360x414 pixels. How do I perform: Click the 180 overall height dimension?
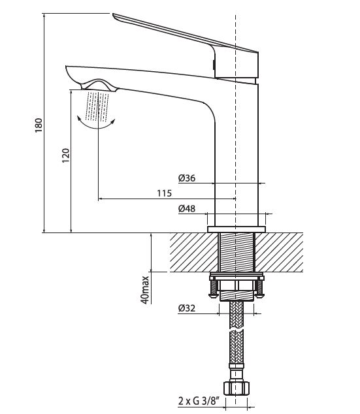39,125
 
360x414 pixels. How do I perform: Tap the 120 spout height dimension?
65,155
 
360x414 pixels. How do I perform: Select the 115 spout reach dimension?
164,193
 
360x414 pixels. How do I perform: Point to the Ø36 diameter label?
187,178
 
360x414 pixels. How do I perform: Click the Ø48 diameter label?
187,208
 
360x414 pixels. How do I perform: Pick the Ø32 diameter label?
186,308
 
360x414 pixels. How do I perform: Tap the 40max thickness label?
145,290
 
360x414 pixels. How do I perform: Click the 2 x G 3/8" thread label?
199,402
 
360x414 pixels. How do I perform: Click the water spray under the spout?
97,106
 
